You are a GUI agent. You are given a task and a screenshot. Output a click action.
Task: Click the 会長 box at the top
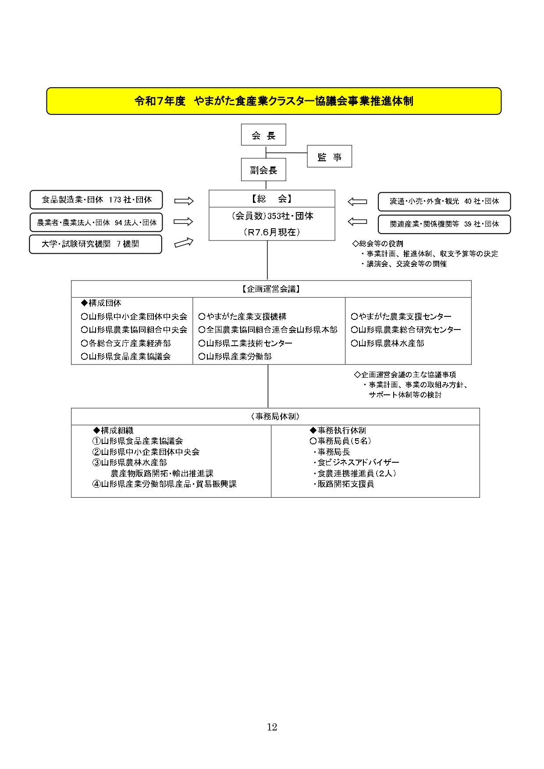pos(263,135)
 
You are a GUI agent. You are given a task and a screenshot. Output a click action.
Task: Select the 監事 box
pos(329,156)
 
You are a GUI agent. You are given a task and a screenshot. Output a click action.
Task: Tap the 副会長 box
pos(263,170)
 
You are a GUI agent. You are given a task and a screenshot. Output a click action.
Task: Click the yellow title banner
pos(274,101)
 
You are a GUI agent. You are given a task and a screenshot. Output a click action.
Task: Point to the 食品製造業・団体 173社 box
pos(96,200)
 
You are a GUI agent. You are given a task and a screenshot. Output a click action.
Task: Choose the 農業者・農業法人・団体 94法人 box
pos(96,223)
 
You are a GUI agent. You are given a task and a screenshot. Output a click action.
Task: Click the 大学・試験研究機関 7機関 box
pos(95,244)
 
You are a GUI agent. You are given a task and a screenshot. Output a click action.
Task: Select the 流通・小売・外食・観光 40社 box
pos(444,202)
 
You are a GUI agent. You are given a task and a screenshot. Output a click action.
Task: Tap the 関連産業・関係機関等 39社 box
pos(444,224)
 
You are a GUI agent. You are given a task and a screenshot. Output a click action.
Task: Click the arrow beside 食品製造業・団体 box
pos(184,201)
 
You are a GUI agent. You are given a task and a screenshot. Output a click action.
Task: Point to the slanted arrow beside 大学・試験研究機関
pos(184,242)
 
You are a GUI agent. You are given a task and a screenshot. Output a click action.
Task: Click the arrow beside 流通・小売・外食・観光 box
pos(357,202)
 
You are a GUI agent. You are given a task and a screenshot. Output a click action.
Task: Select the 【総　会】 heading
pos(272,199)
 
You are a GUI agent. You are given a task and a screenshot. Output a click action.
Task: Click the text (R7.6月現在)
pos(272,232)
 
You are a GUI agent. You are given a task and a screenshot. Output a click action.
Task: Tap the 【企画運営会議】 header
pos(271,289)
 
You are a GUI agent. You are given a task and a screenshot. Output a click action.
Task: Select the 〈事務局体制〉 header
pos(275,417)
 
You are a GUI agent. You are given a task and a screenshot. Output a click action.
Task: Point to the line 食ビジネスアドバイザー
pos(358,463)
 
